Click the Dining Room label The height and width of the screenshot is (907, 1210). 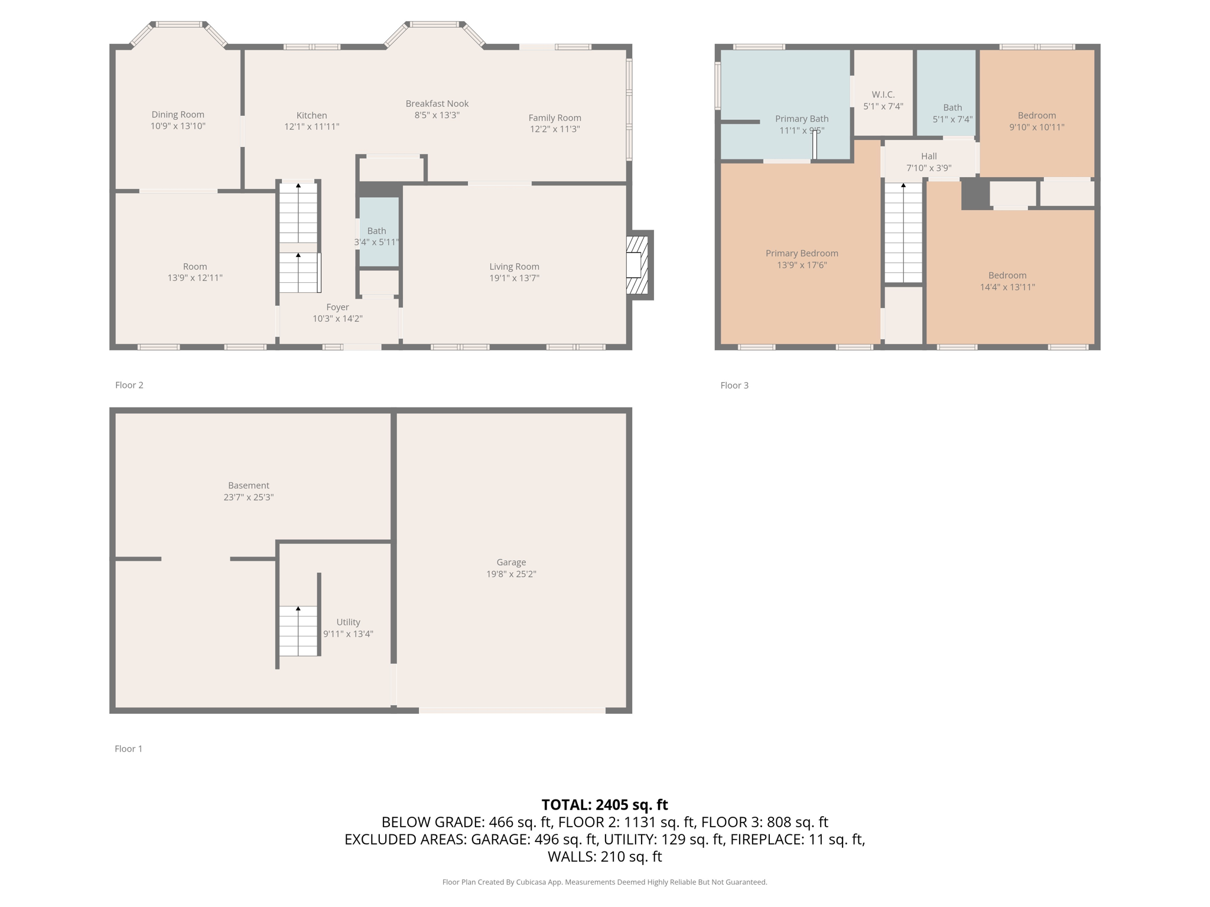point(178,115)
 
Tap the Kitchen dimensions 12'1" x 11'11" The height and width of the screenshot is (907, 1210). point(312,127)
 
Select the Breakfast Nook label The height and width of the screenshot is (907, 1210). point(437,103)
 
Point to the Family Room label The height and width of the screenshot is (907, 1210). point(555,118)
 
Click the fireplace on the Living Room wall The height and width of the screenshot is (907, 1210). point(639,265)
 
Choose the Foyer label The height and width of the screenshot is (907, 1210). point(338,307)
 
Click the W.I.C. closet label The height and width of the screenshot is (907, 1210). point(883,94)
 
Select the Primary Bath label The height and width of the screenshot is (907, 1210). point(802,119)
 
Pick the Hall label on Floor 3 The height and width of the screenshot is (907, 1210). point(929,156)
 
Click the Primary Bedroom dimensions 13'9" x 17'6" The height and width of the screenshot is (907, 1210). point(802,265)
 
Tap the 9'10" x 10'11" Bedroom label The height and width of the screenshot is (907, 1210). point(1037,115)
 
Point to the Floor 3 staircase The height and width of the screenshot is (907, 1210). point(903,233)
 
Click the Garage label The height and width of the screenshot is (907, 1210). point(511,562)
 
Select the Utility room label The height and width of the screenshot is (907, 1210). point(348,622)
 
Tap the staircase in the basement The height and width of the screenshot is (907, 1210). point(298,631)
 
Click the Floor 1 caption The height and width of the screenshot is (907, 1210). point(129,749)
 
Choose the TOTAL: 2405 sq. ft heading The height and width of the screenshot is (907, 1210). point(604,805)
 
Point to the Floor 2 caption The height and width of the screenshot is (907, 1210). point(129,385)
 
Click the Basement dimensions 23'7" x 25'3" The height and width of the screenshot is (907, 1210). point(249,497)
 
